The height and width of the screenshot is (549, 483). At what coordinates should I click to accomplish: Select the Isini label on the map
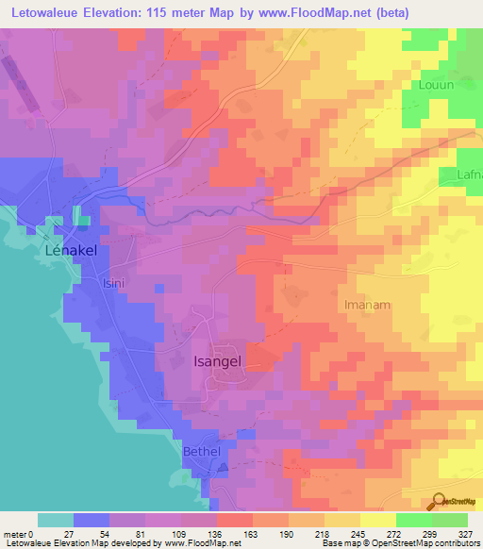pyautogui.click(x=113, y=282)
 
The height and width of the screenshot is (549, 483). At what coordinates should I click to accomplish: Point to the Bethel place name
pyautogui.click(x=201, y=451)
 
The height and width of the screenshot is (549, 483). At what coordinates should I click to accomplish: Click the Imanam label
pyautogui.click(x=367, y=306)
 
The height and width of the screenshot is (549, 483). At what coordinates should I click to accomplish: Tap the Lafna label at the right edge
pyautogui.click(x=469, y=174)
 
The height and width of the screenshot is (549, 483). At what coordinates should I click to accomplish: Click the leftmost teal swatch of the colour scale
pyautogui.click(x=56, y=520)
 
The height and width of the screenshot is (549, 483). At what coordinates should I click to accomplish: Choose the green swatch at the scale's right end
pyautogui.click(x=450, y=520)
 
